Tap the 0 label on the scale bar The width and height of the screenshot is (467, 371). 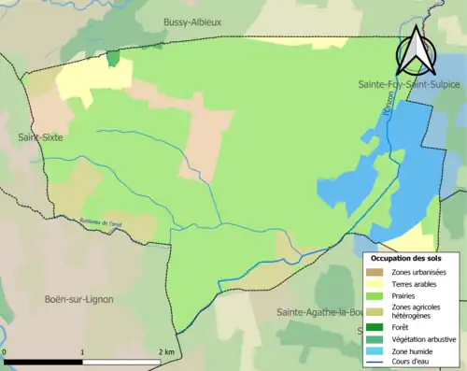(x=6, y=351)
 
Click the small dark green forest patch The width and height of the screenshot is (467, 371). (x=113, y=58)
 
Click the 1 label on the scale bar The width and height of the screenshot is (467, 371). (x=84, y=351)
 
